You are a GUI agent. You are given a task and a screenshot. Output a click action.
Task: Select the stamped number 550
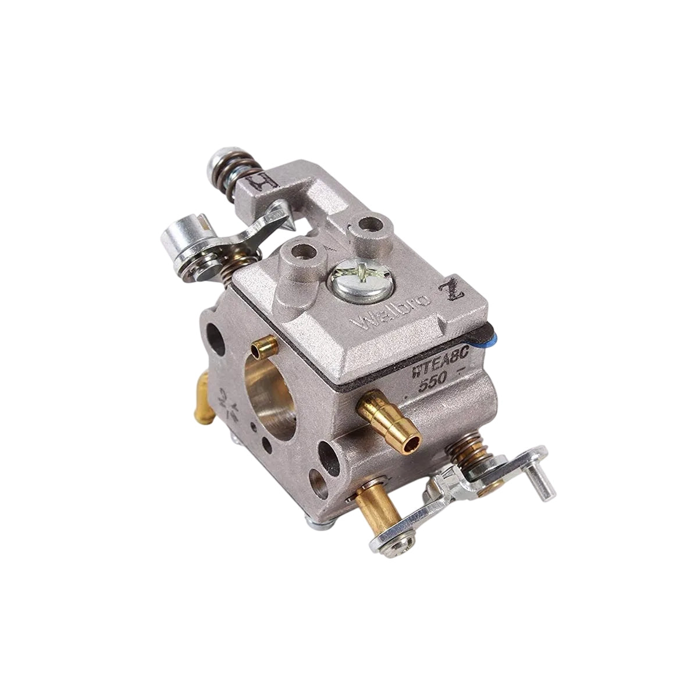pos(429,379)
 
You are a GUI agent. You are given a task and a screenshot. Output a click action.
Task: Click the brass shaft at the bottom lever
pos(379,501)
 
